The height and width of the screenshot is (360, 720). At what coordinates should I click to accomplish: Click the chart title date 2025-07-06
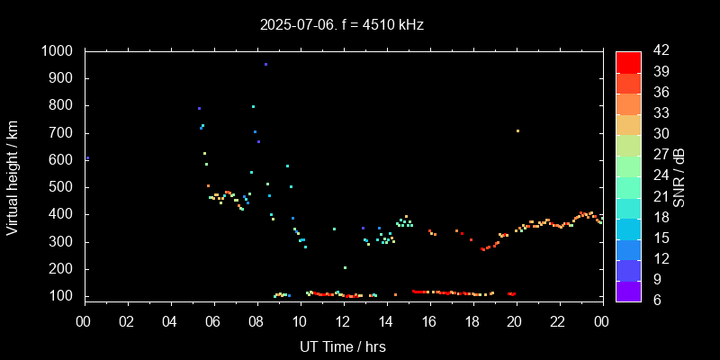pyautogui.click(x=303, y=25)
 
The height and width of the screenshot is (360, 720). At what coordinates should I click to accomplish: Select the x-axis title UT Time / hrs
pyautogui.click(x=343, y=346)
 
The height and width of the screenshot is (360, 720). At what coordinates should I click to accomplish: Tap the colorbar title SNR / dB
pyautogui.click(x=680, y=176)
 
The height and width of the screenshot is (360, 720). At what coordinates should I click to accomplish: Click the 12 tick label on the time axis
pyautogui.click(x=343, y=322)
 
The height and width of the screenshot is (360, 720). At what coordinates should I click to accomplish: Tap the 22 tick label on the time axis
pyautogui.click(x=559, y=322)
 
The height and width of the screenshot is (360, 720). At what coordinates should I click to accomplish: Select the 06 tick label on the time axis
pyautogui.click(x=213, y=322)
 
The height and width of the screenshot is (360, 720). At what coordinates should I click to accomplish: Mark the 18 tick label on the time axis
pyautogui.click(x=472, y=322)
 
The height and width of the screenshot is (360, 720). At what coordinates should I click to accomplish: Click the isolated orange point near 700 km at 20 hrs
pyautogui.click(x=517, y=131)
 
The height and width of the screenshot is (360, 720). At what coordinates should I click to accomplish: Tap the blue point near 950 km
pyautogui.click(x=265, y=65)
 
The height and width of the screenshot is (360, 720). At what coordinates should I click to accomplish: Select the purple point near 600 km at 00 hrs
pyautogui.click(x=87, y=158)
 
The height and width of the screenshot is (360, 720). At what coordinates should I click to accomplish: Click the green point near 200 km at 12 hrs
pyautogui.click(x=345, y=267)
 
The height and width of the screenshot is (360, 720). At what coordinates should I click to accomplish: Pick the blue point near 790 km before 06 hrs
pyautogui.click(x=199, y=108)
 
